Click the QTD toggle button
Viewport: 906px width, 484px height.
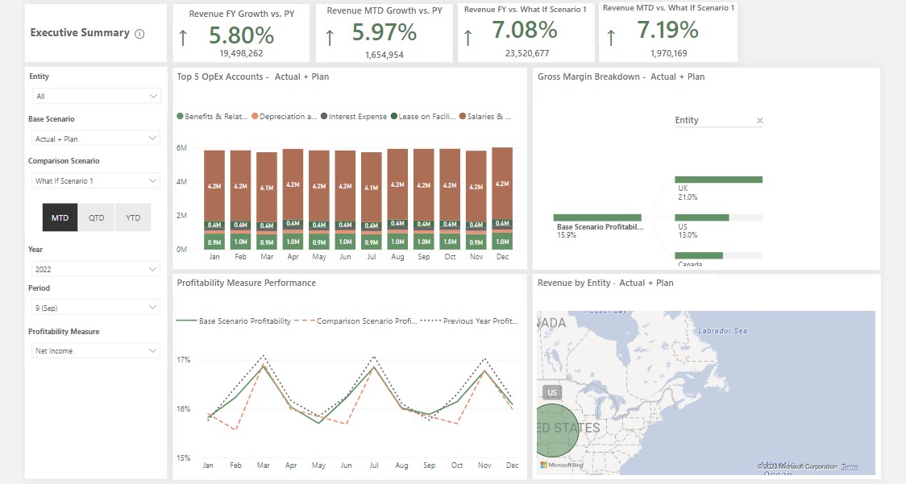tap(97, 217)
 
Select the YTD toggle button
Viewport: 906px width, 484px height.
tap(133, 217)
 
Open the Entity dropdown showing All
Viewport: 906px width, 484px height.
tap(95, 96)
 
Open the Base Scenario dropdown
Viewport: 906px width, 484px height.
tap(95, 139)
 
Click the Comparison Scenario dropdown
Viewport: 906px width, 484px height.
tap(95, 180)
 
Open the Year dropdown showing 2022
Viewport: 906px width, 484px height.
tap(95, 269)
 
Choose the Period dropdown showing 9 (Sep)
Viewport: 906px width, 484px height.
tap(95, 308)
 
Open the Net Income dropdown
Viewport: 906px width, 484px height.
tap(95, 350)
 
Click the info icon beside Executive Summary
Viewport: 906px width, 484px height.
tap(139, 34)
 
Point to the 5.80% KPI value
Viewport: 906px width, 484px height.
tap(241, 35)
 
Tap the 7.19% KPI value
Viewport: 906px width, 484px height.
tap(667, 31)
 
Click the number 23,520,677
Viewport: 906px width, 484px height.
tap(527, 53)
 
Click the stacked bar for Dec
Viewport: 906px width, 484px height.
tap(501, 197)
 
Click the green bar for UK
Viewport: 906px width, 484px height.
tap(718, 180)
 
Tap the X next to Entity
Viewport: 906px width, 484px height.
tap(759, 121)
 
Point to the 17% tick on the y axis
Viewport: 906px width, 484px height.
tap(184, 359)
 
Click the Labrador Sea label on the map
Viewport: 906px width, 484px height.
tap(722, 331)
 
